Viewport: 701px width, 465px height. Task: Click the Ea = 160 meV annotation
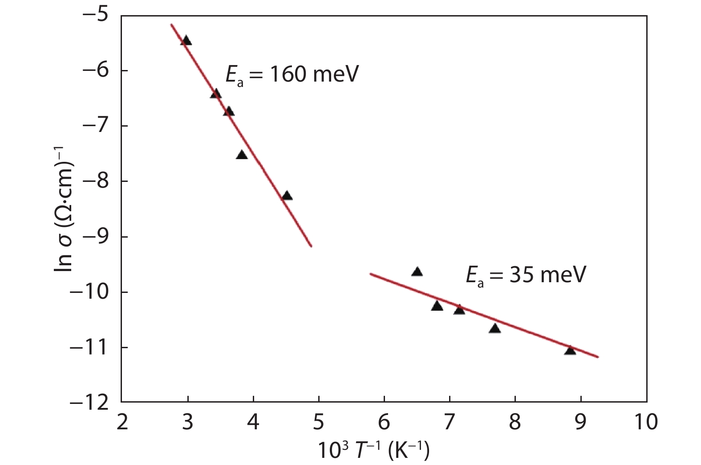[292, 75]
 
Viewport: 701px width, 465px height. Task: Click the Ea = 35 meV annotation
[526, 275]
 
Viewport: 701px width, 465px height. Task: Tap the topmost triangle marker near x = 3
[186, 41]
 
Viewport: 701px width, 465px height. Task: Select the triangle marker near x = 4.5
[287, 196]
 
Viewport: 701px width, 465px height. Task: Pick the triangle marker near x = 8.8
[570, 350]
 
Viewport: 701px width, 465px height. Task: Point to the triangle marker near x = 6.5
[417, 272]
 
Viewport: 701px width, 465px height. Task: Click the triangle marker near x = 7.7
[494, 329]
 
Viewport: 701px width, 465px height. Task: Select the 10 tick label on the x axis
[646, 422]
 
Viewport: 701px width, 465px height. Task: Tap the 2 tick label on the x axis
[122, 422]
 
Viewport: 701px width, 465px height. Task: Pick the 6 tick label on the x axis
[384, 422]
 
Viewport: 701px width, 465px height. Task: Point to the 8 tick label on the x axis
[515, 422]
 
